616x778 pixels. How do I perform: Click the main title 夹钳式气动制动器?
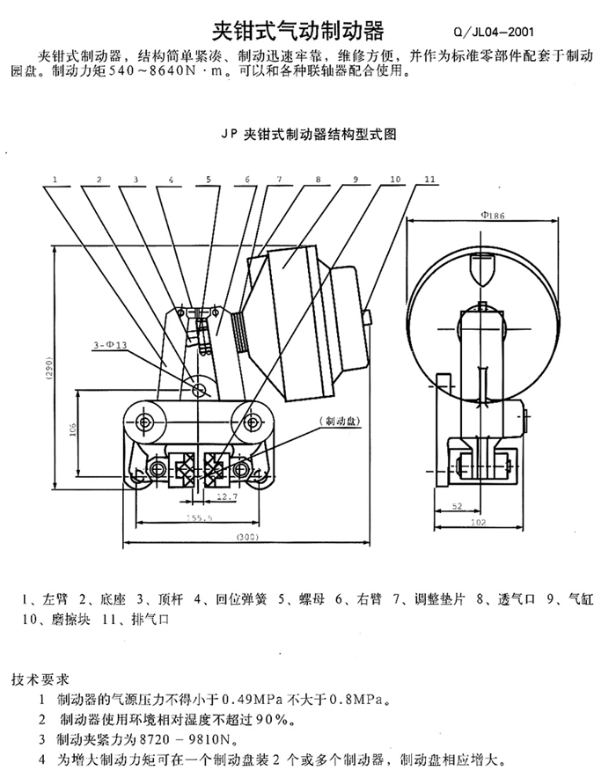pyautogui.click(x=298, y=32)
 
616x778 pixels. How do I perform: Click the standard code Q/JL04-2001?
pyautogui.click(x=494, y=33)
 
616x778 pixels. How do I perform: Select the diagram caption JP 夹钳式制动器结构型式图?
pyautogui.click(x=309, y=135)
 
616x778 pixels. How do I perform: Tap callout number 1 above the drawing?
pyautogui.click(x=55, y=180)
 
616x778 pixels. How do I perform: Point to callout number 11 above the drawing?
pyautogui.click(x=430, y=180)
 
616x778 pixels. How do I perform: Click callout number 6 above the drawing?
pyautogui.click(x=247, y=180)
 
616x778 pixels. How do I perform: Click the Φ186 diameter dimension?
pyautogui.click(x=493, y=216)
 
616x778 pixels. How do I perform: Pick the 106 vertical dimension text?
pyautogui.click(x=72, y=429)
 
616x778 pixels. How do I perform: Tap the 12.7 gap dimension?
pyautogui.click(x=227, y=496)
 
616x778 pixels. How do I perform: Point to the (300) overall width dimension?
pyautogui.click(x=247, y=537)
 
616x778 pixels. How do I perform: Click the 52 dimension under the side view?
pyautogui.click(x=458, y=506)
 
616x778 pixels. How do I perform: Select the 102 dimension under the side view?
pyautogui.click(x=478, y=522)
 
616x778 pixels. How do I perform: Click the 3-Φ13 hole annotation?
pyautogui.click(x=110, y=345)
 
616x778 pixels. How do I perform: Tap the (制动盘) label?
pyautogui.click(x=341, y=422)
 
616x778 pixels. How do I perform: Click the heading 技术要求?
pyautogui.click(x=40, y=679)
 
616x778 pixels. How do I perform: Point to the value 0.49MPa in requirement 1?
pyautogui.click(x=252, y=700)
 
